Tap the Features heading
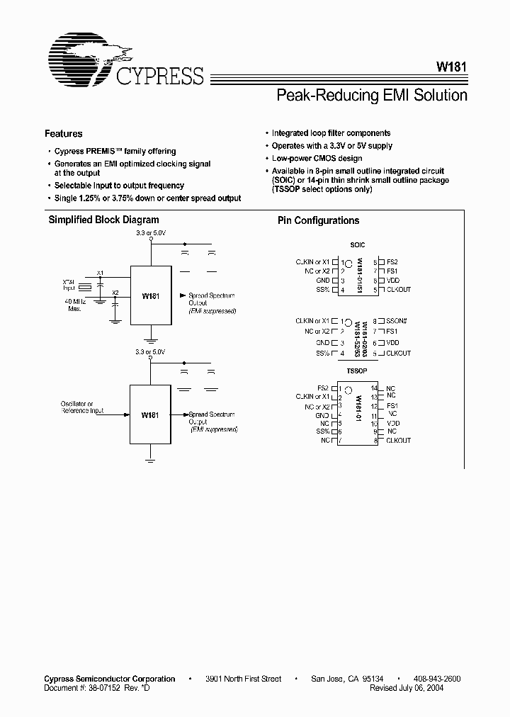coord(64,133)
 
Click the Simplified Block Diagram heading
coord(103,220)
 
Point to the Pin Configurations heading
coord(318,221)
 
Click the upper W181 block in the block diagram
coord(150,296)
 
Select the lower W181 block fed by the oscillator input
coord(149,414)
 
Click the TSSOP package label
coord(358,371)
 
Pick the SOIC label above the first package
coord(358,245)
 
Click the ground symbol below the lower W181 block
coord(150,460)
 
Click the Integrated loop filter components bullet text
coord(331,133)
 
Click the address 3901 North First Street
coord(244,679)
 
